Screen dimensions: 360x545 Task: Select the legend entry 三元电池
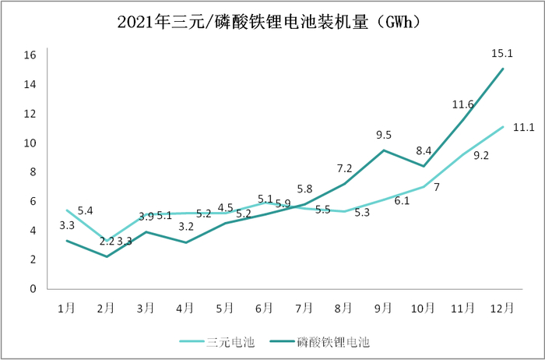(x=227, y=341)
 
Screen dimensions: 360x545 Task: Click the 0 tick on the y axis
(x=33, y=289)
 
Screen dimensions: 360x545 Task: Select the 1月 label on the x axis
(x=66, y=309)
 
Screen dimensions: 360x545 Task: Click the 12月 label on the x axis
(x=502, y=309)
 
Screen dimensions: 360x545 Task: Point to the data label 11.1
(x=523, y=128)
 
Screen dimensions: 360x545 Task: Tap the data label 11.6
(x=462, y=104)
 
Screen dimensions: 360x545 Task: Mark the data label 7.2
(x=344, y=168)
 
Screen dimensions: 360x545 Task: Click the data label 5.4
(x=86, y=211)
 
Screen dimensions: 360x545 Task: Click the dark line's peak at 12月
(x=503, y=69)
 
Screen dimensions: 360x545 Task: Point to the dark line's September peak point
(x=384, y=150)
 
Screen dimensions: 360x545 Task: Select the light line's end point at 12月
(x=503, y=127)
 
